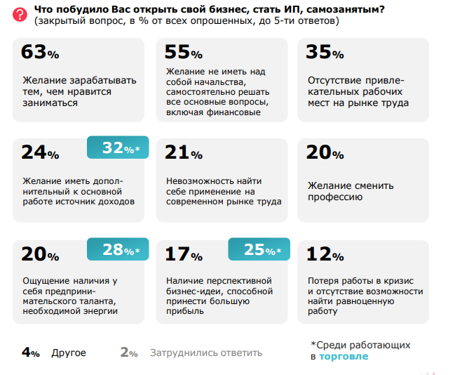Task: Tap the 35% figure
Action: (x=325, y=53)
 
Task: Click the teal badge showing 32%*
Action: (x=117, y=148)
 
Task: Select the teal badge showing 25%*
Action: (x=258, y=249)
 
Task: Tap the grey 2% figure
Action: (x=129, y=353)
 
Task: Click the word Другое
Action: (x=69, y=353)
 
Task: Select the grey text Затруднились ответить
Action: (x=206, y=353)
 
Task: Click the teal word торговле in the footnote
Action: (x=344, y=357)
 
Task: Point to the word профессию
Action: (x=335, y=197)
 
